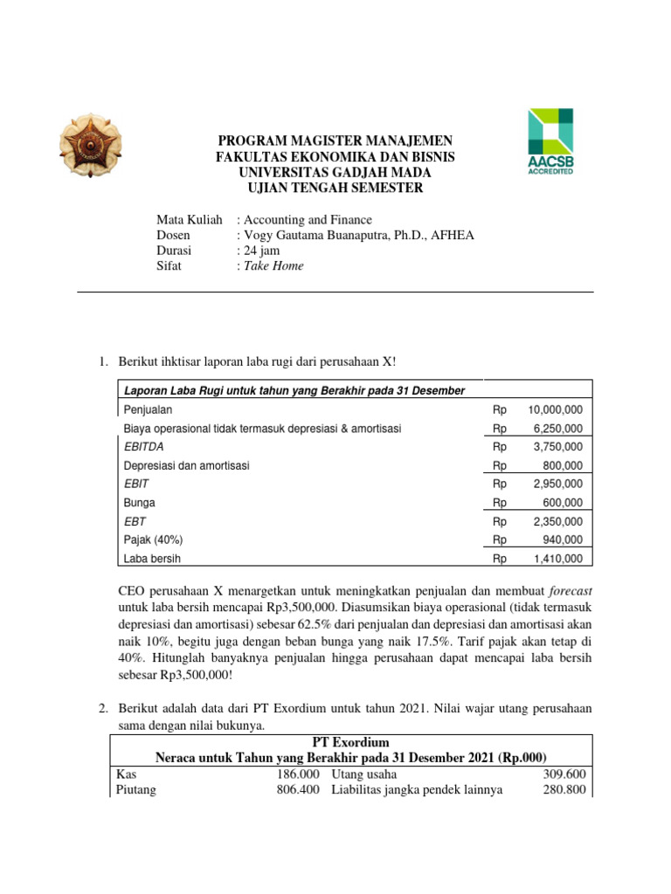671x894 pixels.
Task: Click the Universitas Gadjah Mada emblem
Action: (91, 143)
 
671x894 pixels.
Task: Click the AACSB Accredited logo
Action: (550, 142)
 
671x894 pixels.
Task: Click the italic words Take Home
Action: (273, 266)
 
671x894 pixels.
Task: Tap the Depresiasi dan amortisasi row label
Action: (186, 466)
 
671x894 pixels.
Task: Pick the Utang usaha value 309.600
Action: (564, 774)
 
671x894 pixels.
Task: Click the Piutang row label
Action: (136, 790)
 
